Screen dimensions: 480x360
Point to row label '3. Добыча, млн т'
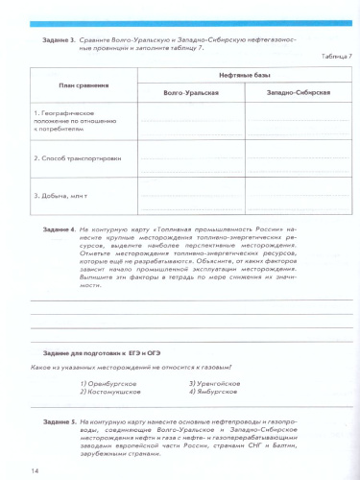pyautogui.click(x=60, y=196)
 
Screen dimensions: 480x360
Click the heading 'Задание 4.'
pyautogui.click(x=61, y=231)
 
